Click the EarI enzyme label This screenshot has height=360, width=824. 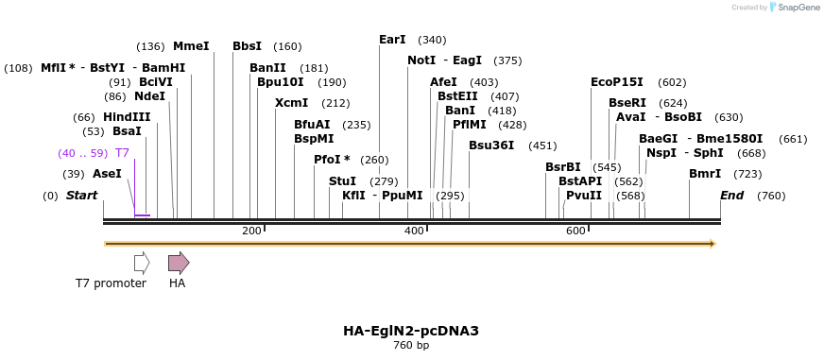(x=392, y=40)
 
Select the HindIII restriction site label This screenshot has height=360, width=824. (x=127, y=117)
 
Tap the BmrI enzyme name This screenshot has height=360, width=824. (x=705, y=174)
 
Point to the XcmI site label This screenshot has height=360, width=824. (x=291, y=103)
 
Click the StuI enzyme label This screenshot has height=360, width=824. (x=342, y=180)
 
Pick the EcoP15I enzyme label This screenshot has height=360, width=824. (x=616, y=82)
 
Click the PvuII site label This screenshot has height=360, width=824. (x=583, y=196)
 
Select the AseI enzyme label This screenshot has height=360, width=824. (x=107, y=174)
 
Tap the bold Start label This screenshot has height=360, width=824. (x=81, y=196)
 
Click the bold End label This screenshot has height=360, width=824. (x=731, y=196)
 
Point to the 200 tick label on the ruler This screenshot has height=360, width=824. (x=251, y=231)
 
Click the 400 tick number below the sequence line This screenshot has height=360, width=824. (x=414, y=231)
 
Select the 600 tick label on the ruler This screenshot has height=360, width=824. (x=575, y=231)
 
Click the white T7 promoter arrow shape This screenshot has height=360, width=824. (x=142, y=263)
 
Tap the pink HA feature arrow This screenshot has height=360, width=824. (x=178, y=263)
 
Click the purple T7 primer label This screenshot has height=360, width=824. (x=122, y=153)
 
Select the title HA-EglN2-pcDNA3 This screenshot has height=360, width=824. (x=411, y=331)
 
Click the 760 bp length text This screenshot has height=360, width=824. (x=411, y=346)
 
